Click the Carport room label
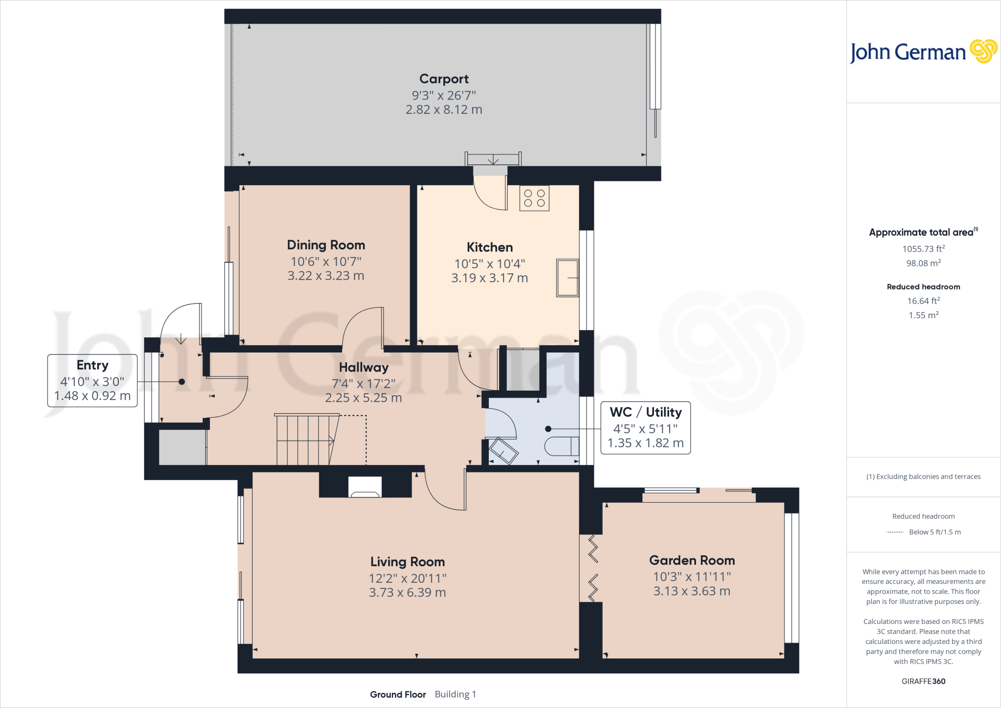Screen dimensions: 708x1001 [x=444, y=79]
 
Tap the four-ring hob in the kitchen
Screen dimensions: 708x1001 [x=534, y=198]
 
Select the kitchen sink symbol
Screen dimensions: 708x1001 [x=567, y=278]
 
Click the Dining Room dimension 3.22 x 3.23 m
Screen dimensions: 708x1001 [x=326, y=276]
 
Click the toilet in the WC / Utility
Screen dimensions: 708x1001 [x=561, y=446]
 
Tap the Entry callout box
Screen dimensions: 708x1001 [x=92, y=380]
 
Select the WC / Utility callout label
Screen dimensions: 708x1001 [x=645, y=412]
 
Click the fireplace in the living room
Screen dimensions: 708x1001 [x=365, y=487]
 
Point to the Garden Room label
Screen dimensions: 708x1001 [x=692, y=560]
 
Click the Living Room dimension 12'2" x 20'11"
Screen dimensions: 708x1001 [x=407, y=578]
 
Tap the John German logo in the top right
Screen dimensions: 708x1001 [x=923, y=52]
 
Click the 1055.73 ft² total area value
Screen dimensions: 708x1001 [x=923, y=249]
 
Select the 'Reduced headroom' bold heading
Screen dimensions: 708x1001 [x=923, y=287]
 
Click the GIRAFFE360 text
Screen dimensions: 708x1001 [x=923, y=681]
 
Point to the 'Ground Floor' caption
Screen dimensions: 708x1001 [x=398, y=694]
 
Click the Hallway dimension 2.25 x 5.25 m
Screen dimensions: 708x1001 [x=363, y=398]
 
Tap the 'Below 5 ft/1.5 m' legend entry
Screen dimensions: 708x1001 [x=935, y=532]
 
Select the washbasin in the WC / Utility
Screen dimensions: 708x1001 [x=503, y=451]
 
